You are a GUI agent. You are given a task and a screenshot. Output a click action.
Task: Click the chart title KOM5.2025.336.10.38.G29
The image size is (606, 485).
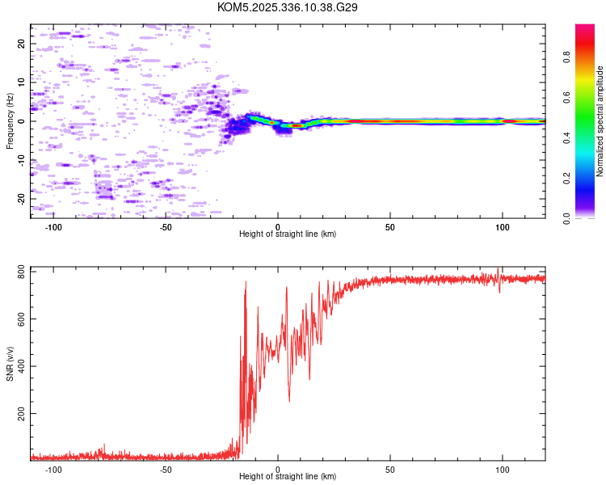click(288, 7)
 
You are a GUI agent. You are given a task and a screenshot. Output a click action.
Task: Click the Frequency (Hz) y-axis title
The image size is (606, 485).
click(10, 121)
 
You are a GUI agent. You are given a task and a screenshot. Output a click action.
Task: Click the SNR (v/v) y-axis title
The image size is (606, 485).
click(10, 364)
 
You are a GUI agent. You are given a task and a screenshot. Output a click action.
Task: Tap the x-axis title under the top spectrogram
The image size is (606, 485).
click(288, 234)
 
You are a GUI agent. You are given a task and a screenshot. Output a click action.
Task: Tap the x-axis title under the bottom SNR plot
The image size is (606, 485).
click(288, 477)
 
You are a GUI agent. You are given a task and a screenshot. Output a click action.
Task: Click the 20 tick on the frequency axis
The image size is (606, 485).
click(21, 44)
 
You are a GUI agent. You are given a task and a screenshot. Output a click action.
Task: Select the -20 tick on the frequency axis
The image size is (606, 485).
click(21, 198)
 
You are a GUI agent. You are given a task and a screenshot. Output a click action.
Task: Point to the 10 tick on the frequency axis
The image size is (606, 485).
click(21, 82)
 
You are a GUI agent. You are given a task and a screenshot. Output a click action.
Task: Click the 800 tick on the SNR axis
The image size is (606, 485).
click(21, 273)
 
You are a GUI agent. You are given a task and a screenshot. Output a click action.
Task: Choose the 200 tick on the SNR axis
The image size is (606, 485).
click(21, 414)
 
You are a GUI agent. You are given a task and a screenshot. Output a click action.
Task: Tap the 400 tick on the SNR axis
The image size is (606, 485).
click(21, 367)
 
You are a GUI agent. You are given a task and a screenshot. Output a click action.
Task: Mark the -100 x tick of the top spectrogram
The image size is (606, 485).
click(53, 226)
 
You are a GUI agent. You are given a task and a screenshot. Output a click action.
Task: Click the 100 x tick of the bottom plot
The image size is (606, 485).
click(503, 469)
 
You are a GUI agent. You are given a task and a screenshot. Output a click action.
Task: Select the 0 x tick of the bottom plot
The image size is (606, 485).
click(278, 469)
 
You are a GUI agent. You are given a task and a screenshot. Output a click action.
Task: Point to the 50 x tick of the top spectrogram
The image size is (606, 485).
click(390, 226)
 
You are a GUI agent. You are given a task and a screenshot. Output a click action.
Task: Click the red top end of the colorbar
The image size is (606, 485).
click(585, 27)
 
